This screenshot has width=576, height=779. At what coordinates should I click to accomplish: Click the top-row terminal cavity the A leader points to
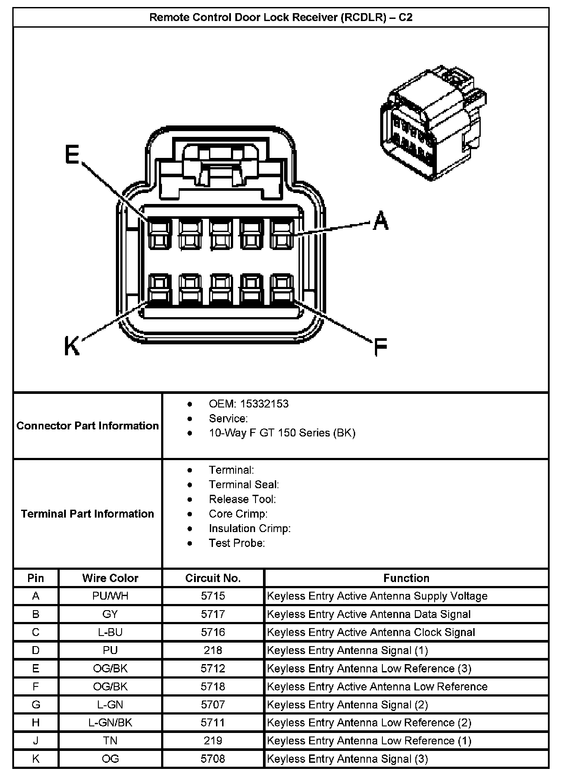pyautogui.click(x=282, y=234)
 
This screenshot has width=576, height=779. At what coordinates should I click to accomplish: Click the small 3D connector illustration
pyautogui.click(x=433, y=123)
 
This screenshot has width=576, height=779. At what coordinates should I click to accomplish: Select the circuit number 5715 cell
pyautogui.click(x=213, y=596)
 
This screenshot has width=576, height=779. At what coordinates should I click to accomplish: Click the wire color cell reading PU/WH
pyautogui.click(x=110, y=596)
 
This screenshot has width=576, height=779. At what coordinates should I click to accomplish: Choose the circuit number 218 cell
pyautogui.click(x=213, y=650)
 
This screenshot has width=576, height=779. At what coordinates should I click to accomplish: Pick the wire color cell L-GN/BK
pyautogui.click(x=110, y=722)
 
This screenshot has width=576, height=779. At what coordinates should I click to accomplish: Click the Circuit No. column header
pyautogui.click(x=213, y=578)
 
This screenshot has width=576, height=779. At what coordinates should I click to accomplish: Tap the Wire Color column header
pyautogui.click(x=110, y=578)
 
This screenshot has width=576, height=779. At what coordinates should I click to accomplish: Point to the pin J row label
pyautogui.click(x=36, y=740)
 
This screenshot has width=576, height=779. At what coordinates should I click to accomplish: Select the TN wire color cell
pyautogui.click(x=110, y=740)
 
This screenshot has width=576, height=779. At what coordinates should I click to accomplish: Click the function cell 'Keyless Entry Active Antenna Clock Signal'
pyautogui.click(x=371, y=632)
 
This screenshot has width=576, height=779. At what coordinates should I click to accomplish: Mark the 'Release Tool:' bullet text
pyautogui.click(x=242, y=499)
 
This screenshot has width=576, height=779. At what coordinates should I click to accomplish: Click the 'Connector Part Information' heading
pyautogui.click(x=87, y=425)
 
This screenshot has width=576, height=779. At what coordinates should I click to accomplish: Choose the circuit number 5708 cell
pyautogui.click(x=213, y=758)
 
